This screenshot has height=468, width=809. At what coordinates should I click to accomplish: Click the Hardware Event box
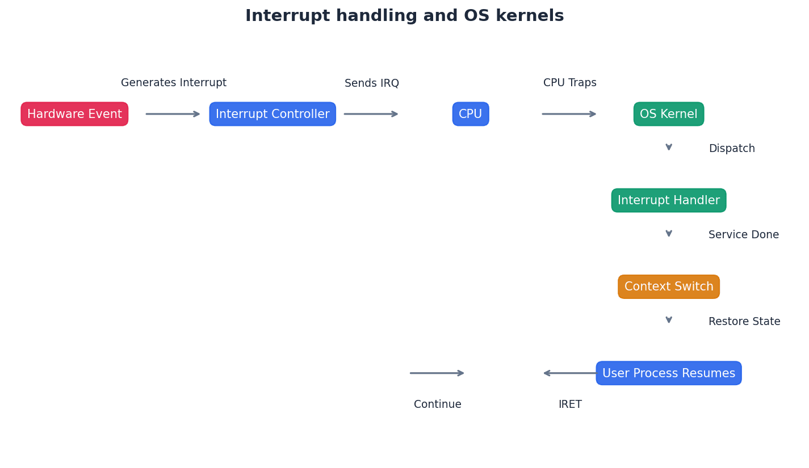pyautogui.click(x=74, y=114)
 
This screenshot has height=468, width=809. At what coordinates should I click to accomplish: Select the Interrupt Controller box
pyautogui.click(x=273, y=114)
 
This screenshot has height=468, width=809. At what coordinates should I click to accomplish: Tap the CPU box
pyautogui.click(x=471, y=114)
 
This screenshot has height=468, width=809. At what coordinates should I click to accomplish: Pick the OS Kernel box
pyautogui.click(x=669, y=114)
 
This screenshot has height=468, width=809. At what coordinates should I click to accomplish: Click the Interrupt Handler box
pyautogui.click(x=669, y=200)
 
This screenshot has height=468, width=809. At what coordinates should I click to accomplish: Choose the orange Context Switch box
pyautogui.click(x=669, y=286)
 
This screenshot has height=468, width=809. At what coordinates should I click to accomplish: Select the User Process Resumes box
pyautogui.click(x=669, y=373)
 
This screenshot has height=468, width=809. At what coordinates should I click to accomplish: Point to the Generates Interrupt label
pyautogui.click(x=174, y=83)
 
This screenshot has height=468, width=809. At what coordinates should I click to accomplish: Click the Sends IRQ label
pyautogui.click(x=372, y=83)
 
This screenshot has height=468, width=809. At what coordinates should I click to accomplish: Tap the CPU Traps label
pyautogui.click(x=570, y=83)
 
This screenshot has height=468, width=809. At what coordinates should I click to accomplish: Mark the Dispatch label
pyautogui.click(x=732, y=149)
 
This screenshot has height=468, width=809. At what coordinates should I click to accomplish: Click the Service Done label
pyautogui.click(x=744, y=235)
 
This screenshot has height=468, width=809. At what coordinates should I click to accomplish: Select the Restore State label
pyautogui.click(x=744, y=322)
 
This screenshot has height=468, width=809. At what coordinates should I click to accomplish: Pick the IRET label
pyautogui.click(x=570, y=404)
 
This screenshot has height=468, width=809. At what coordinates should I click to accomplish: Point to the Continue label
pyautogui.click(x=438, y=404)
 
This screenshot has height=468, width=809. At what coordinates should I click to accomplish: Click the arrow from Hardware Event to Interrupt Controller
pyautogui.click(x=173, y=114)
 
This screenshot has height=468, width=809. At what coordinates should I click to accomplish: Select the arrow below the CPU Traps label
pyautogui.click(x=569, y=114)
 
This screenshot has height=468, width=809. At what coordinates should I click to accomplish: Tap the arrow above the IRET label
pyautogui.click(x=570, y=373)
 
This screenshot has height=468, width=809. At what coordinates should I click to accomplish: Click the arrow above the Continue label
pyautogui.click(x=437, y=373)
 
